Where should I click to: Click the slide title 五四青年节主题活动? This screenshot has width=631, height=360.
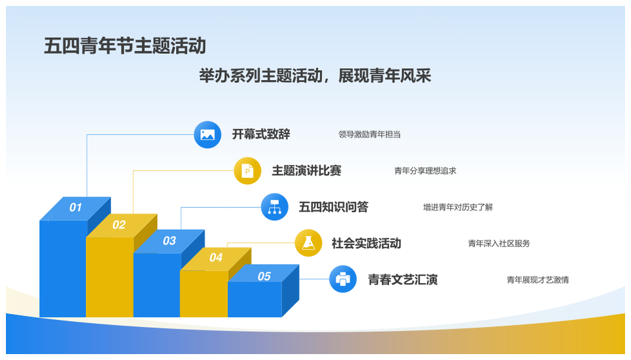point(125,46)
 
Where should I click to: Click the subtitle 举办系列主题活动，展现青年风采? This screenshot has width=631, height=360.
point(315,76)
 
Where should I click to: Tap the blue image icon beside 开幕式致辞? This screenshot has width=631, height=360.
point(207,135)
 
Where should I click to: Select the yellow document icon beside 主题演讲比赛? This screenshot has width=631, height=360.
point(248,171)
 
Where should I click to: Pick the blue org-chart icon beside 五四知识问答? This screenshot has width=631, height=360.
point(275,207)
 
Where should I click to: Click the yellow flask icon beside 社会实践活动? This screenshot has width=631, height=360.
point(308,243)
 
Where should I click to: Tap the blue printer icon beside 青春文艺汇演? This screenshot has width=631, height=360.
point(343,279)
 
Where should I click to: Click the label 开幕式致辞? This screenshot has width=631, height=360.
point(261,135)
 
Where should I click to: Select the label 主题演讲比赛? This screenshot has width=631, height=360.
point(307,171)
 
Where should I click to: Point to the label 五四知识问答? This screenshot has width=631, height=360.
point(334,207)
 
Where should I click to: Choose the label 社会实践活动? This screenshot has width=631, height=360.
point(366,243)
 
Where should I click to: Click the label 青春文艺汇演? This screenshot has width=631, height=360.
point(403,280)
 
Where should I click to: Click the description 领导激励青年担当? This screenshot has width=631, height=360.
point(369,135)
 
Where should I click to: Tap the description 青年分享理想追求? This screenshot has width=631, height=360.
point(425,171)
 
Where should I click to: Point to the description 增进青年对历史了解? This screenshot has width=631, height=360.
point(458,207)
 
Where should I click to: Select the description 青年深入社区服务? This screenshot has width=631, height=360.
point(499,243)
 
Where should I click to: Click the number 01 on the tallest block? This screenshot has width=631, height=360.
point(76,208)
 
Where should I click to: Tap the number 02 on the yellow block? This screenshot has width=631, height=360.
point(119,225)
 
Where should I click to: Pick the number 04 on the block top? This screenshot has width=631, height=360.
point(216,258)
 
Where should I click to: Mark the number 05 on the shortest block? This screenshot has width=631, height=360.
point(264,277)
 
